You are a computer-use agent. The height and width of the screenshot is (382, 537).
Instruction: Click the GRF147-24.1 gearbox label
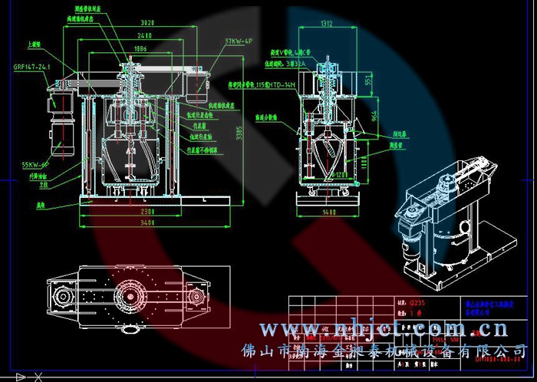(x=31, y=68)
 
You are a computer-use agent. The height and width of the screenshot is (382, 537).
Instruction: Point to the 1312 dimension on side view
(x=328, y=24)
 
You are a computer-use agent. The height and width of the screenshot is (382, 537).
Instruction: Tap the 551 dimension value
(x=367, y=79)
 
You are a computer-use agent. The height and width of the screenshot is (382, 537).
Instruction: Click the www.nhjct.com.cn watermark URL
(x=383, y=330)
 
